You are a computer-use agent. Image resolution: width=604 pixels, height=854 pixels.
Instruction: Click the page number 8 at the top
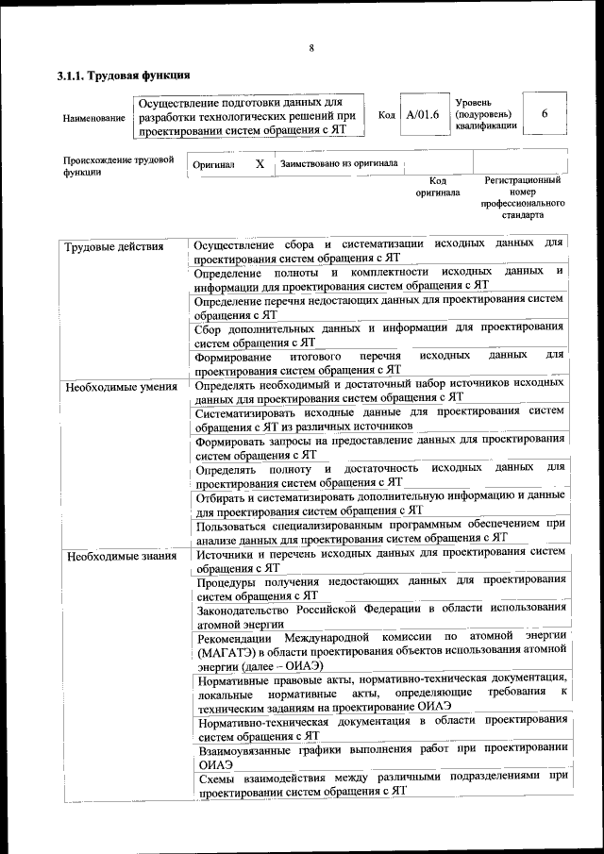pos(310,48)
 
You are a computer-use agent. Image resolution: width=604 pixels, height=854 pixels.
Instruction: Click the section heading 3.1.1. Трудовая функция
pos(124,75)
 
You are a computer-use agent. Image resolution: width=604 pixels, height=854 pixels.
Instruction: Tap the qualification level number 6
pos(545,113)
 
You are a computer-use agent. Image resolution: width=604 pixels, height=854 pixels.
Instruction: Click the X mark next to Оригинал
pos(260,163)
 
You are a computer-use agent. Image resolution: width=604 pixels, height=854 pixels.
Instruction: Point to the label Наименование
pos(93,118)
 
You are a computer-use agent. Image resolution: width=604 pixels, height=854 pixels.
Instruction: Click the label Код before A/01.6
pos(386,114)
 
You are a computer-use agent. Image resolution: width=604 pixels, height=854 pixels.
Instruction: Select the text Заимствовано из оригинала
pos(338,163)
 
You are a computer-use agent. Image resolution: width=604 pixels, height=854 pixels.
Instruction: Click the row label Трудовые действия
pos(114,247)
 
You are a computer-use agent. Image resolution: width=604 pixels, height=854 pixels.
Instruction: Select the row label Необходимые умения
pos(120,387)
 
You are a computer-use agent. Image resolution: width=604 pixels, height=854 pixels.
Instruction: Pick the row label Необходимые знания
pos(120,556)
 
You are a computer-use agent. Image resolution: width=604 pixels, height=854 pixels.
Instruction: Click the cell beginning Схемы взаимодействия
pos(381,783)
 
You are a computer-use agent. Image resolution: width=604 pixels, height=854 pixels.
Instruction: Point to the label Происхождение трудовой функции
pos(118,166)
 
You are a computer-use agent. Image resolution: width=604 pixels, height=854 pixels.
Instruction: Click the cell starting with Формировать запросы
pos(380,445)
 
